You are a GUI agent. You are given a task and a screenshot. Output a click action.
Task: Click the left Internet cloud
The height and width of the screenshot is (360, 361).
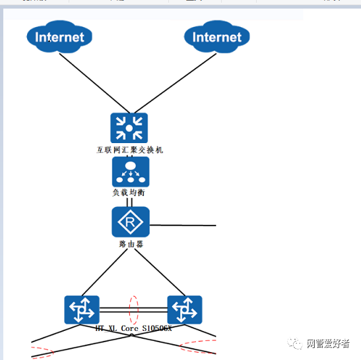coord(59,37)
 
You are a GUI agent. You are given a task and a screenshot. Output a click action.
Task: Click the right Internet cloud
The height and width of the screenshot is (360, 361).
coord(216,37)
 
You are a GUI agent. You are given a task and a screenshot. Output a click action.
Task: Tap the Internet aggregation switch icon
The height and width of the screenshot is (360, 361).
coord(129,128)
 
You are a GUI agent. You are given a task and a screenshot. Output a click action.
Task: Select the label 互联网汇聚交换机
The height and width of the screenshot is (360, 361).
coord(129,150)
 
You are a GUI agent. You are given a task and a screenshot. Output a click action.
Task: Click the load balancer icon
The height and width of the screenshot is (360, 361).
coord(131,171)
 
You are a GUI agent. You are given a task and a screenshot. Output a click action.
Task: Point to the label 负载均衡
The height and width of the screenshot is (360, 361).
coord(128,193)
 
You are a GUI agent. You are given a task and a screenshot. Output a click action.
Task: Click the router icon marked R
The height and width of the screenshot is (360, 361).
coord(131,222)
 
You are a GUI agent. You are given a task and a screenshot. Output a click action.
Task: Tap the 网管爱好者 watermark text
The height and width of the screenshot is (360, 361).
coord(328,344)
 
